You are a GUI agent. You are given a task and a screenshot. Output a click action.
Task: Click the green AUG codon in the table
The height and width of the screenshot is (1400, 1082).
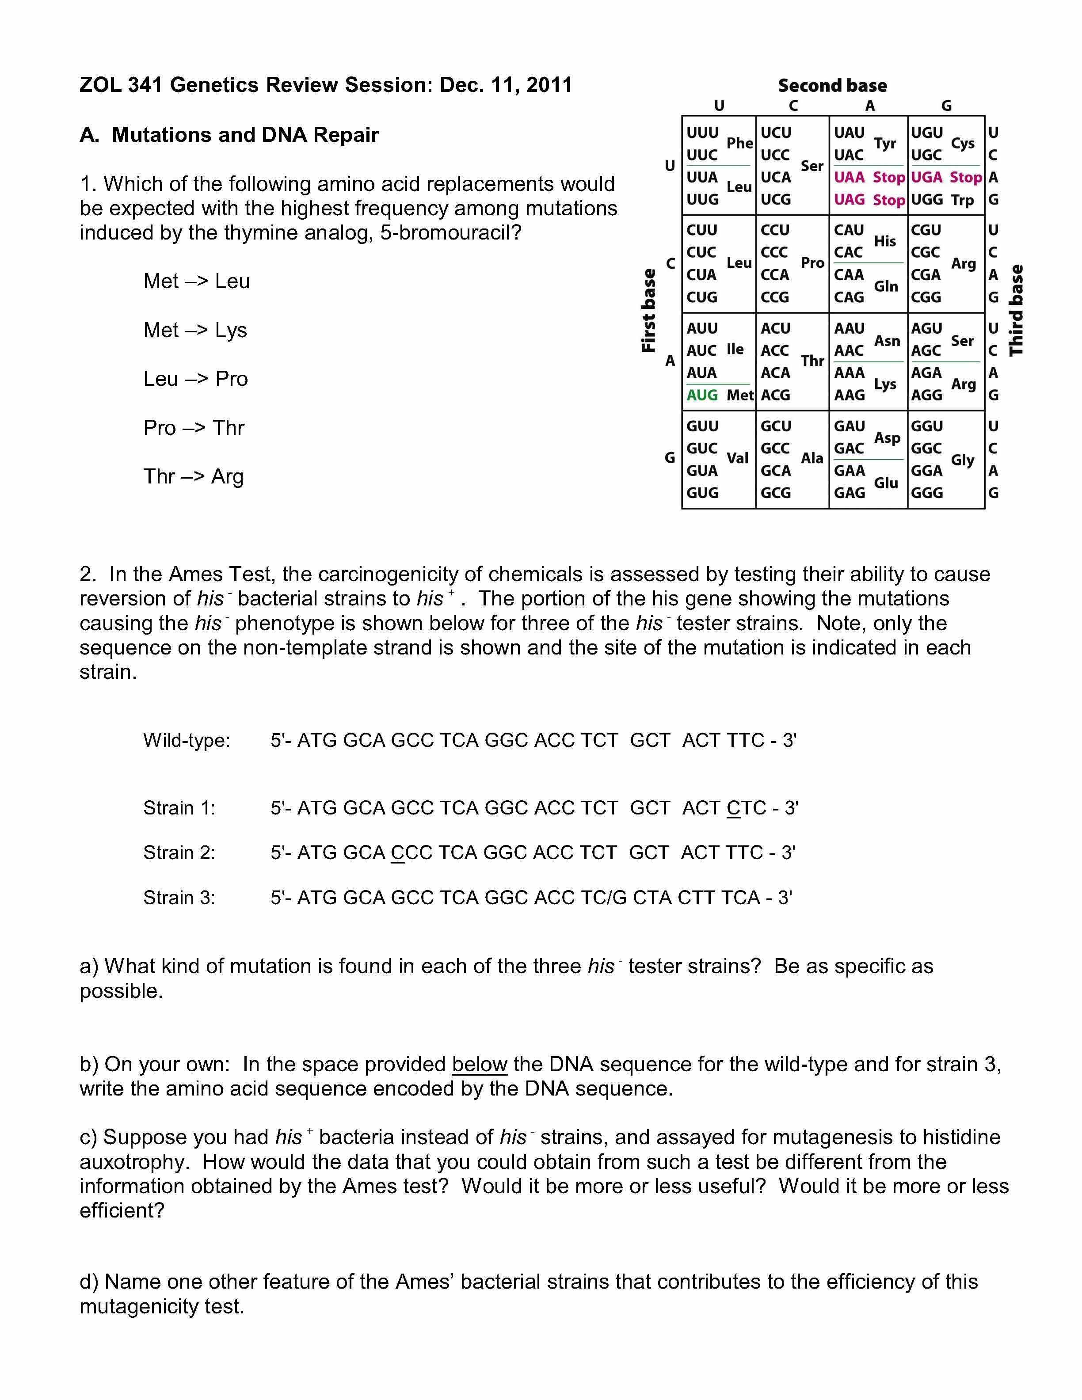[x=702, y=395]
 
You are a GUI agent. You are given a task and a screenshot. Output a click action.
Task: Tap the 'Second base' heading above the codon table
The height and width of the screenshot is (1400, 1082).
[x=832, y=85]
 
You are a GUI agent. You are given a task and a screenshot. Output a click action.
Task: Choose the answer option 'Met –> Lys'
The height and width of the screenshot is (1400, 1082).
[x=195, y=330]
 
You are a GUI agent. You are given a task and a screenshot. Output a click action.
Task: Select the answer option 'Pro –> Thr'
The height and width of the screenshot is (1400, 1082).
[x=194, y=428]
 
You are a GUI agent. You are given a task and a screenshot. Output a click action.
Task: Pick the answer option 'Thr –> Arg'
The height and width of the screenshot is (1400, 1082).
[x=193, y=476]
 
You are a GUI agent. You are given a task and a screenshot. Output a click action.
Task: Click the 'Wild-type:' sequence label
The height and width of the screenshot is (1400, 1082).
[x=187, y=740]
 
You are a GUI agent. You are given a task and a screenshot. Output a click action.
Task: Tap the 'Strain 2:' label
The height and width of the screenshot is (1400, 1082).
[x=179, y=852]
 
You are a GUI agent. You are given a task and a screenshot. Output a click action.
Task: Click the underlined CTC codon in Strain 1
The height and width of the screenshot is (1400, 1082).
[x=746, y=808]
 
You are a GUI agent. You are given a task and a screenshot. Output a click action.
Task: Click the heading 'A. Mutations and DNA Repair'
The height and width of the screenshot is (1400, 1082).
[x=229, y=135]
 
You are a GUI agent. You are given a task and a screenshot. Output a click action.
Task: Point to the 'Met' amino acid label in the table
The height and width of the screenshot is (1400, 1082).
[x=740, y=395]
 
